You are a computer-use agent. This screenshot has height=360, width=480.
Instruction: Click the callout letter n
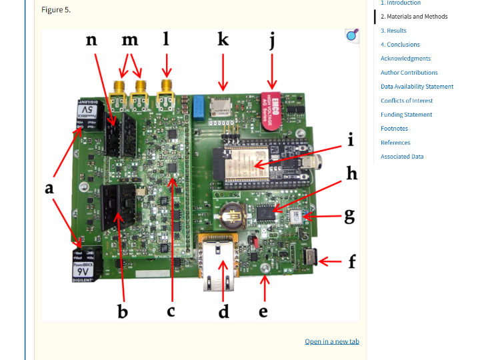pyautogui.click(x=92, y=40)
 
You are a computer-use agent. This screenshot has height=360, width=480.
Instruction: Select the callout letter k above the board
pyautogui.click(x=223, y=40)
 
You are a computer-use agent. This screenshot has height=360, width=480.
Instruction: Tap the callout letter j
pyautogui.click(x=272, y=41)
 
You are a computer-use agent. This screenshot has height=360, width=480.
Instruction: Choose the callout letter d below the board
pyautogui.click(x=223, y=311)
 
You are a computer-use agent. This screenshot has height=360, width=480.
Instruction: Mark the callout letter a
pyautogui.click(x=49, y=189)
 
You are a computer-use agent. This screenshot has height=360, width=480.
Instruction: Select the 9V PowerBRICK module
pyautogui.click(x=85, y=266)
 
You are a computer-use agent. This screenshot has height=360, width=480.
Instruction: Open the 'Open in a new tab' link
pyautogui.click(x=332, y=341)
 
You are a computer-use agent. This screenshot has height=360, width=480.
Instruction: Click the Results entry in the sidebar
pyautogui.click(x=393, y=31)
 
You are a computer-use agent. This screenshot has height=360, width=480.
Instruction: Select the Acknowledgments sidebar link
pyautogui.click(x=405, y=59)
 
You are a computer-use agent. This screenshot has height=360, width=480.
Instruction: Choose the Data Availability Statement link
pyautogui.click(x=417, y=87)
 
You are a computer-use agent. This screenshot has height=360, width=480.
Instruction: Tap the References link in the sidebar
pyautogui.click(x=395, y=143)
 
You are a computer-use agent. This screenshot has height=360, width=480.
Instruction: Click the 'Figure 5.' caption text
pyautogui.click(x=56, y=10)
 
